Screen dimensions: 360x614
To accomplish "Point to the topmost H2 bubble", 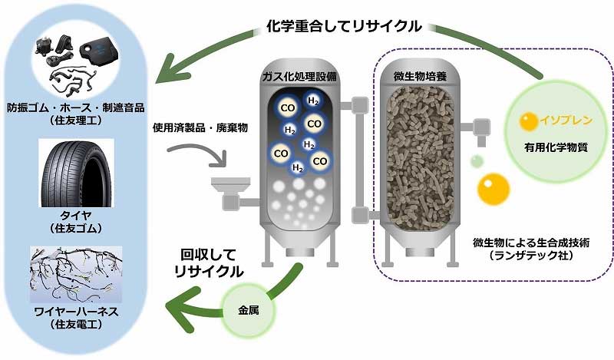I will (x=313, y=101).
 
